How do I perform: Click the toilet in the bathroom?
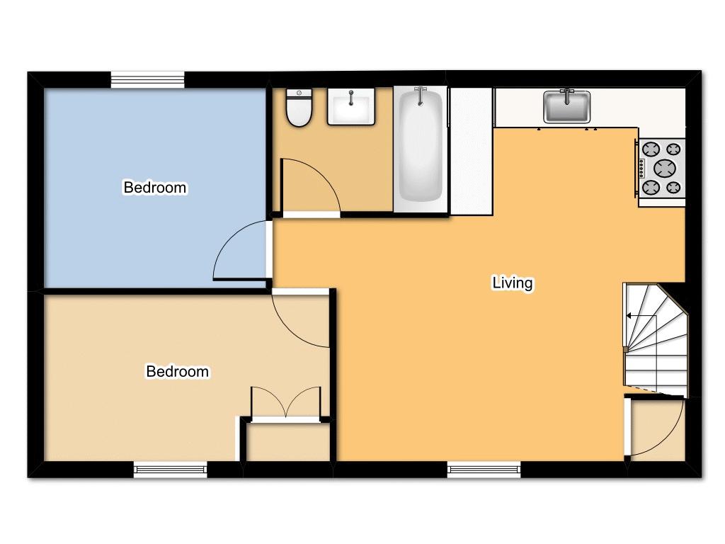[299, 108]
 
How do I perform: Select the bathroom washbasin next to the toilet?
[350, 107]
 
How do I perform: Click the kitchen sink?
[566, 107]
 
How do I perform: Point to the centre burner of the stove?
[665, 168]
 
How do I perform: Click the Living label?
[512, 283]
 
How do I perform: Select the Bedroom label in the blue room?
[155, 188]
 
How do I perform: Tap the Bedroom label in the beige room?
[177, 371]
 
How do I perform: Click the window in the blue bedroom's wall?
[148, 79]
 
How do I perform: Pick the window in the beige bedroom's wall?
[171, 468]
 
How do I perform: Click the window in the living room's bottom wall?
[484, 468]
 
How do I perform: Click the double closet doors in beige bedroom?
[286, 404]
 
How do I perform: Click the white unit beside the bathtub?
[471, 150]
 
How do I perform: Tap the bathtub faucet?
[421, 93]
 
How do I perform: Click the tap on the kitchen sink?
[566, 93]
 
